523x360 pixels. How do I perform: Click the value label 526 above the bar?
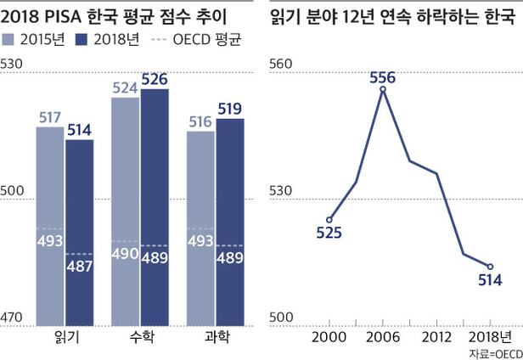155,80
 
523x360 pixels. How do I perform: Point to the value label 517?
49,118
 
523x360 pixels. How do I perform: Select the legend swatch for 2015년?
10,39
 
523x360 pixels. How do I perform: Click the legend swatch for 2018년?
82,39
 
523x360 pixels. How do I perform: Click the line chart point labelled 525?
329,219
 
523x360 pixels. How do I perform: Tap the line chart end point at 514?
491,267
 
